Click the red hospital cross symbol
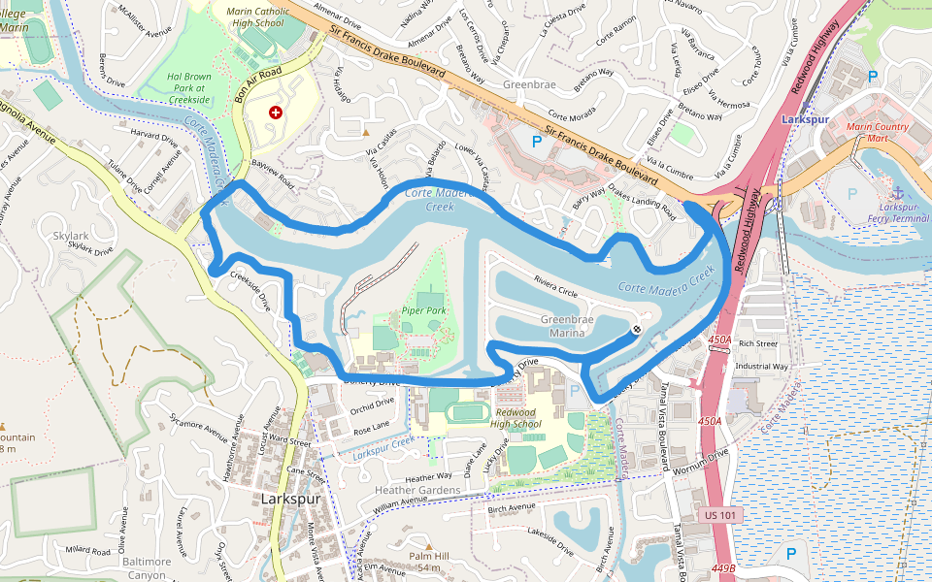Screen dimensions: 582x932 276,113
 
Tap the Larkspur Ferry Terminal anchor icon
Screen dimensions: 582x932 898,193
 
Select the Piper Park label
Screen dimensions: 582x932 423,310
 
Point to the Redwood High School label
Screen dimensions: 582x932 515,418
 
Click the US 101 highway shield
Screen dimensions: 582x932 721,514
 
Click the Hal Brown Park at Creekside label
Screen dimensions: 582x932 188,87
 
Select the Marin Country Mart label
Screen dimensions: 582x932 878,132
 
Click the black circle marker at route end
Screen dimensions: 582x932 636,331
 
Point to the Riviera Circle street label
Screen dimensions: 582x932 555,286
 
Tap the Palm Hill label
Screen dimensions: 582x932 429,556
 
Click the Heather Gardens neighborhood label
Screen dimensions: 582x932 417,490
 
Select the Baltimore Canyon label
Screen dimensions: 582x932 147,568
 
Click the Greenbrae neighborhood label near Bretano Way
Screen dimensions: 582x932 529,84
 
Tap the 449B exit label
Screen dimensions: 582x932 721,567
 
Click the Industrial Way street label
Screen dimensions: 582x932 761,367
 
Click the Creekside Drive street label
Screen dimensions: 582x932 250,289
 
